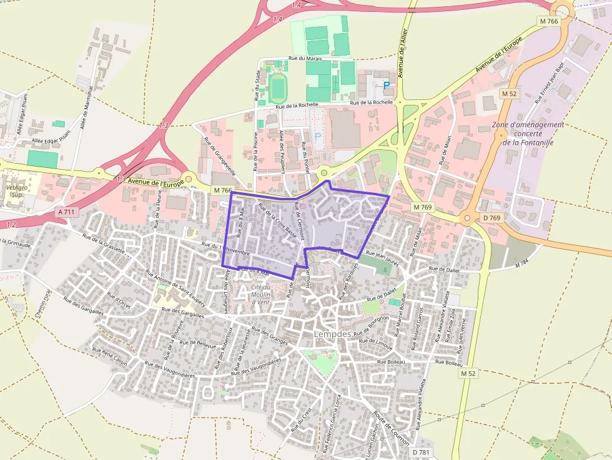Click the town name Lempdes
(332, 334)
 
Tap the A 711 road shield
(66, 212)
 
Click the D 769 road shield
(492, 218)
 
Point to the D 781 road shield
(422, 452)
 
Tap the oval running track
(278, 89)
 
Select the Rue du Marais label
(305, 59)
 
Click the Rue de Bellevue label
(197, 343)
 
